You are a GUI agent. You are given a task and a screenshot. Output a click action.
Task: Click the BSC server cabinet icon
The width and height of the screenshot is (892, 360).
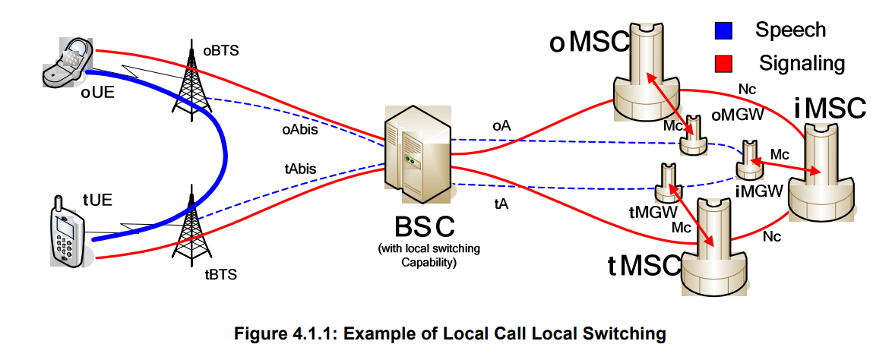coord(417,155)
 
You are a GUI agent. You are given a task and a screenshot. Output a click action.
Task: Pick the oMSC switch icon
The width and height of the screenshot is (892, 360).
coord(648,73)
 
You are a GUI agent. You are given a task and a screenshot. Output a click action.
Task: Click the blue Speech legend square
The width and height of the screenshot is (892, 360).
coord(723,31)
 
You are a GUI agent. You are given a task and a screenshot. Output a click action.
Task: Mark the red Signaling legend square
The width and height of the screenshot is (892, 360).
coord(723,62)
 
